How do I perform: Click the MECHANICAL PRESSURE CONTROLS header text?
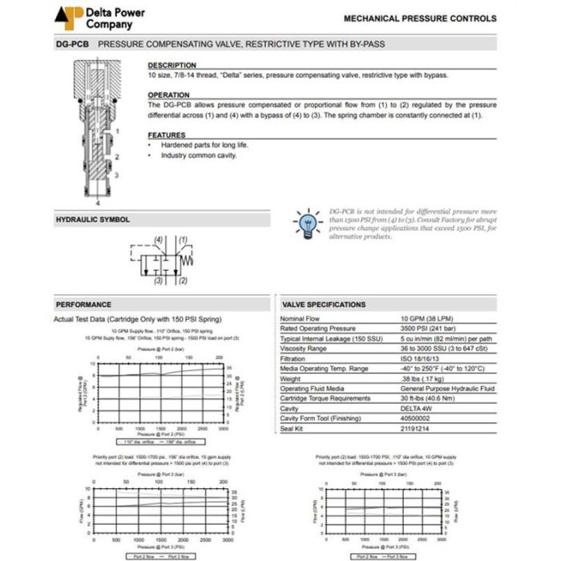point(420,18)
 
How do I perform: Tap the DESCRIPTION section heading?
point(172,66)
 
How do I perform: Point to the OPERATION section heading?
point(169,95)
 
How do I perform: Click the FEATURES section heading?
point(167,135)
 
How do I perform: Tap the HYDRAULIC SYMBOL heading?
point(92,219)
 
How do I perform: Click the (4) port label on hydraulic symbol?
point(159,240)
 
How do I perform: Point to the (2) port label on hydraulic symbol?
point(183,281)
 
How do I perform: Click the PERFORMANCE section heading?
point(83,305)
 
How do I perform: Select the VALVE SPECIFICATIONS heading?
point(325,305)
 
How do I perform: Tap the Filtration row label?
point(294,358)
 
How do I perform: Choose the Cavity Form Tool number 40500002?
point(418,418)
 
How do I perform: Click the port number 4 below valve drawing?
point(98,204)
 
